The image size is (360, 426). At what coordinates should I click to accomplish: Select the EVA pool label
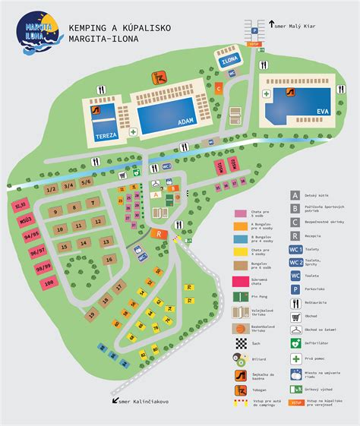click(x=323, y=112)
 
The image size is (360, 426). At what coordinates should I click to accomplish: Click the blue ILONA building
click(x=229, y=58)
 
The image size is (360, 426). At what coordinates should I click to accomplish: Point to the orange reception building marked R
click(x=159, y=234)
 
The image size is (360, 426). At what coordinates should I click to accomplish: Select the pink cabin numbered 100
click(x=49, y=283)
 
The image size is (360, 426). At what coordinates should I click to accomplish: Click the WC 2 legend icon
click(x=296, y=263)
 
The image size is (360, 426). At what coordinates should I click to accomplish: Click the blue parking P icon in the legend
click(x=296, y=289)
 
